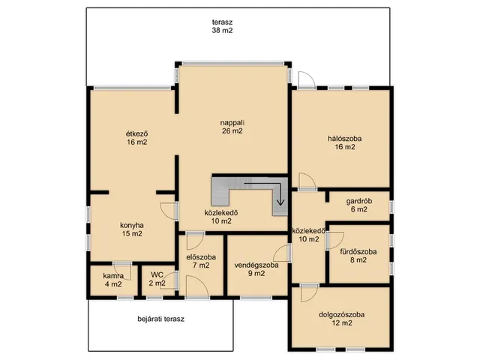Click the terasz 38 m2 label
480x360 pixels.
click(x=222, y=26)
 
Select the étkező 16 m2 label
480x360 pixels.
click(x=137, y=138)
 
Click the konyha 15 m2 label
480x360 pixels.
click(x=132, y=229)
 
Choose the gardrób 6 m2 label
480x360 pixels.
click(x=359, y=205)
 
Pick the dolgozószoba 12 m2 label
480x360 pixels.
click(x=342, y=319)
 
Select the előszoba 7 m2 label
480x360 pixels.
click(x=201, y=261)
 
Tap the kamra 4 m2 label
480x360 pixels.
click(x=113, y=280)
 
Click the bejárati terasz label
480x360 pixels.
click(x=161, y=319)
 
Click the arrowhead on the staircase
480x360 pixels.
click(x=280, y=202)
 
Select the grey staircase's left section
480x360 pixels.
click(x=220, y=190)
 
